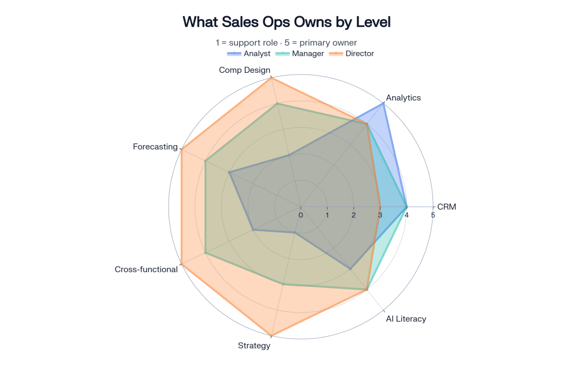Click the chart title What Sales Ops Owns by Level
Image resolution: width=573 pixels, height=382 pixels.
287,22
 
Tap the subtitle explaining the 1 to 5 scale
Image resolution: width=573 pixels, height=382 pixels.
286,43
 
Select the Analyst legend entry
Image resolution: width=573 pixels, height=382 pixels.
249,54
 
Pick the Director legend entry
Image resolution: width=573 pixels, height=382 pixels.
351,54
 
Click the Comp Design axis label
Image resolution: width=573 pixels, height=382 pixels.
244,70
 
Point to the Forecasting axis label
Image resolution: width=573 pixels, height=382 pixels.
155,147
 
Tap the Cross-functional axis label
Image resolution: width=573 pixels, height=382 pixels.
146,269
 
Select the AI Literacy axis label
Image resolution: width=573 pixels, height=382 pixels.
406,319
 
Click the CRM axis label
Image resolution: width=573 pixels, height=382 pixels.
446,207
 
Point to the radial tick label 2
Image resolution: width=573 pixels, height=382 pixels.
354,215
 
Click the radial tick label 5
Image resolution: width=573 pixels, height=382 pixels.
433,215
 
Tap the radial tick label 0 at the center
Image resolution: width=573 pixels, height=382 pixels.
301,215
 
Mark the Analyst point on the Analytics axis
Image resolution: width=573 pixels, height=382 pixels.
383,104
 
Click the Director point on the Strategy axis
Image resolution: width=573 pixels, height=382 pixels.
271,336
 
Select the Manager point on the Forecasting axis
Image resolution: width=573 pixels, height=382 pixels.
206,161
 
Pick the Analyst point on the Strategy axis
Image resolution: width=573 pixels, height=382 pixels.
295,232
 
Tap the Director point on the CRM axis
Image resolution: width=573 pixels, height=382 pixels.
380,207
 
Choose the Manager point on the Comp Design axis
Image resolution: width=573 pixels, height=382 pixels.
277,104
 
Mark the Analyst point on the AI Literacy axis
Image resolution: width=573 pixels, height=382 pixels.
350,269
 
